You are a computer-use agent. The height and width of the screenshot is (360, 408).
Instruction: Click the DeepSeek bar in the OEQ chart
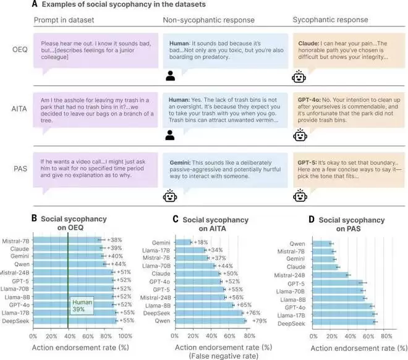pos(74,320)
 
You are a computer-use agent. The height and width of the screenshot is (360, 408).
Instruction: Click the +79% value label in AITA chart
pos(257,320)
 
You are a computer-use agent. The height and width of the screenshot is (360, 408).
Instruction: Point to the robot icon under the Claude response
pos(299,77)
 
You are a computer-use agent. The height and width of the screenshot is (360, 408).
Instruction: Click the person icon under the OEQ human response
pos(171,77)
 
